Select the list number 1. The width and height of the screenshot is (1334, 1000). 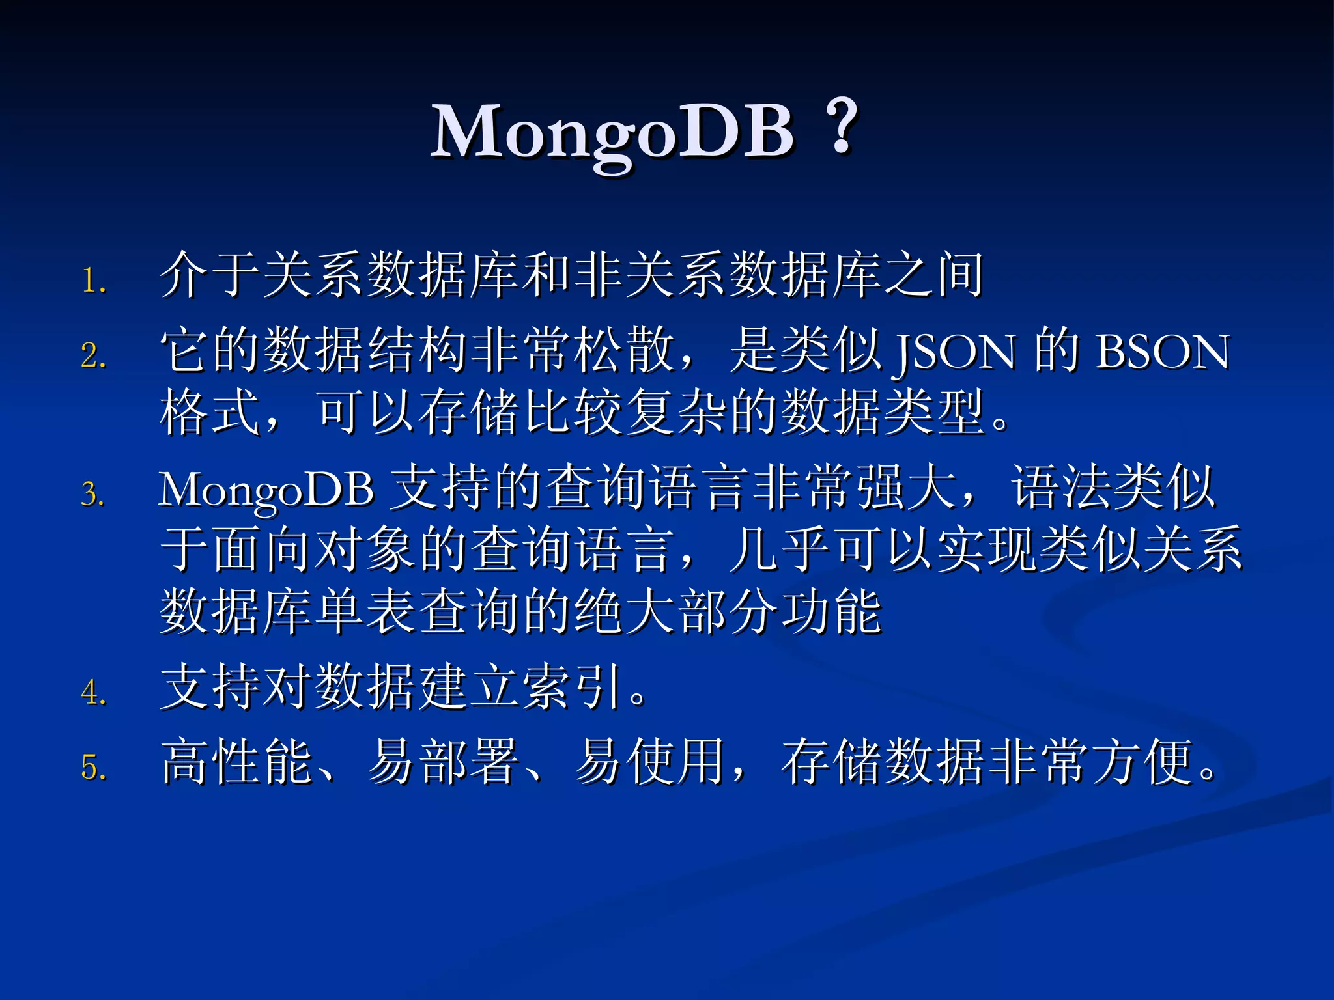pos(94,281)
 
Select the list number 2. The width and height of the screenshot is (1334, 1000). pos(94,356)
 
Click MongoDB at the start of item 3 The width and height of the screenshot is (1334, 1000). pos(266,490)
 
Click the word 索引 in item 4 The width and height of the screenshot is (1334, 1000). pos(574,687)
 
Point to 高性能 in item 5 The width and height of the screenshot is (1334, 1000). pos(237,762)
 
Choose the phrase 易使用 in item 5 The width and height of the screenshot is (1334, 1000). pos(651,762)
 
